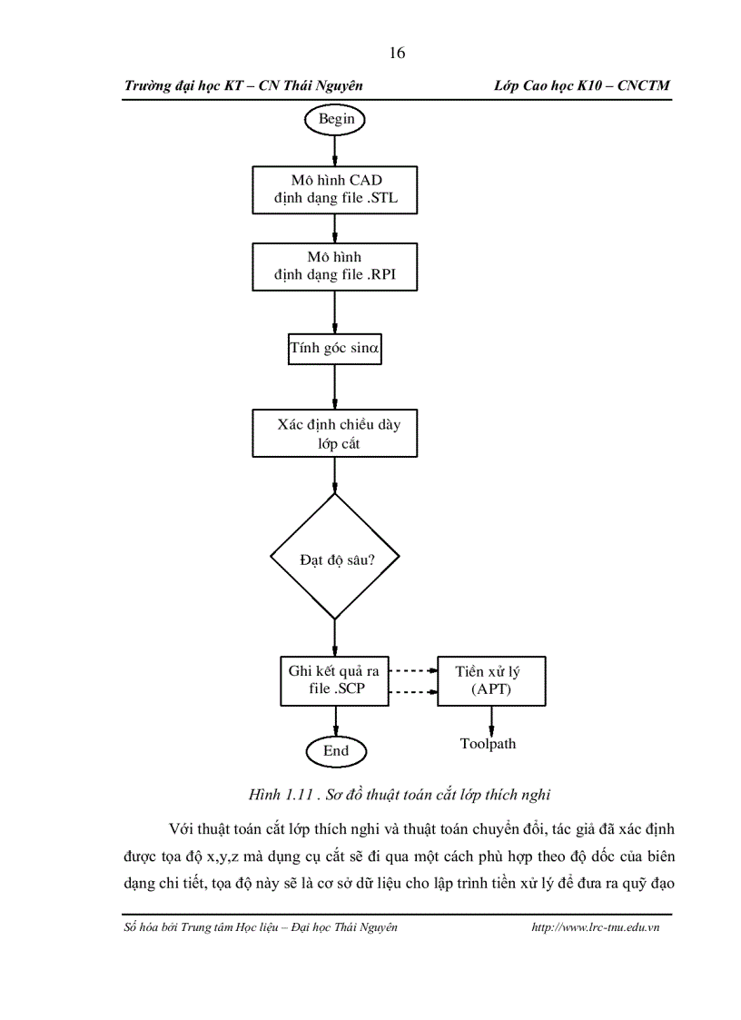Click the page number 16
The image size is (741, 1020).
[x=397, y=53]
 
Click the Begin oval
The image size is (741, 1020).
[x=335, y=118]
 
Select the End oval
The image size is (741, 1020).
[x=335, y=751]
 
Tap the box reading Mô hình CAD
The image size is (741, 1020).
[x=335, y=189]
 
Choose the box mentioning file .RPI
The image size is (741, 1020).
[x=335, y=266]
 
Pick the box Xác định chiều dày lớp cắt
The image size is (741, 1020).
[x=335, y=433]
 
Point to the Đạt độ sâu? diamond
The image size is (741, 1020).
[x=335, y=558]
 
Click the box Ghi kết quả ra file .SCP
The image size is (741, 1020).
[x=335, y=680]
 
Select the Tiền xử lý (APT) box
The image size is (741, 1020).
[x=492, y=680]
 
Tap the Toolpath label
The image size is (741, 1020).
[x=488, y=744]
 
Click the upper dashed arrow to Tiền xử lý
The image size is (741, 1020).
[x=413, y=671]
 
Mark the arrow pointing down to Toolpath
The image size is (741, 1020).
[x=492, y=719]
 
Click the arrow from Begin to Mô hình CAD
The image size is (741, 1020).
[x=335, y=149]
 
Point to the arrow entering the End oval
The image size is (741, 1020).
[x=335, y=721]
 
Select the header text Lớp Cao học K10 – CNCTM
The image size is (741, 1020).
[x=582, y=84]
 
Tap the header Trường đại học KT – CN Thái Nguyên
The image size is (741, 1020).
[x=243, y=84]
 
